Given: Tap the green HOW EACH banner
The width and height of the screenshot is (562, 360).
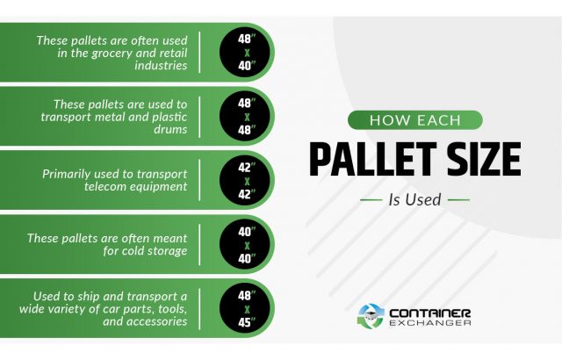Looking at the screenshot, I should click(x=415, y=121).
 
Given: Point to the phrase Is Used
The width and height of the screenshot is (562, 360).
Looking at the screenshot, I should click(x=414, y=199).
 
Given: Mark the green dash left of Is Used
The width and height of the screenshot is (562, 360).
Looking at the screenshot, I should click(x=371, y=200).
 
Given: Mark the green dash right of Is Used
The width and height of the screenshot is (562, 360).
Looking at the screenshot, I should click(x=458, y=200).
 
